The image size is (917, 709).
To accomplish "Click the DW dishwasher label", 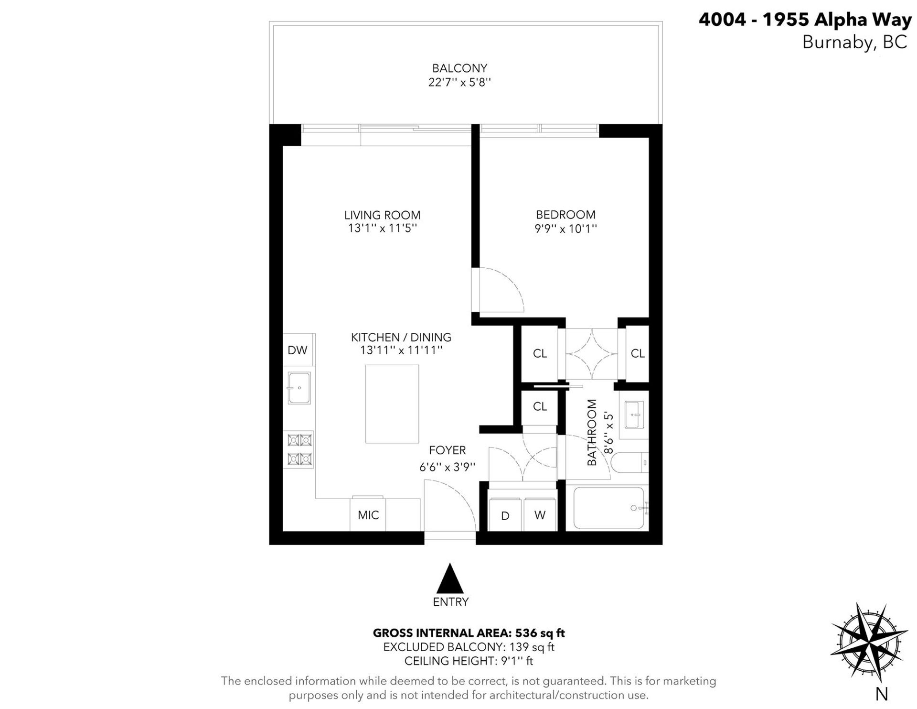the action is coord(297,350).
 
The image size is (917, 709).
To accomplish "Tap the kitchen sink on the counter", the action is coord(299,388).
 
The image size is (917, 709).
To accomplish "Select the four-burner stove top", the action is coord(299,449).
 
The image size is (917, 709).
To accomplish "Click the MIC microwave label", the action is coord(368,515).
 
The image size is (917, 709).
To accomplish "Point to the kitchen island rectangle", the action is coord(392,404).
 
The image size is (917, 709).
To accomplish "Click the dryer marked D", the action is coord(505,515).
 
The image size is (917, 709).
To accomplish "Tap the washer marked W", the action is coord(540,515).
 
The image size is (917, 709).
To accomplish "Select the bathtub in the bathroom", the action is coord(609,508).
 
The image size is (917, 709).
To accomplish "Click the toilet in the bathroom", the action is coord(629,463).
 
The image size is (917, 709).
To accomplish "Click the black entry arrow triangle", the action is coord(450,578).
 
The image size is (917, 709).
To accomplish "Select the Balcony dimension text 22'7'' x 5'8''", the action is coord(459,82).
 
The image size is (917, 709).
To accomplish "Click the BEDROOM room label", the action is coord(565,215).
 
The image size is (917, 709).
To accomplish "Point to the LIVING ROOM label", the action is coord(382,215).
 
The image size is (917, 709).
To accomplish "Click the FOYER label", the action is coord(447,450).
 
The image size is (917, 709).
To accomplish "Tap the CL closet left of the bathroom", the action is coord(540,406).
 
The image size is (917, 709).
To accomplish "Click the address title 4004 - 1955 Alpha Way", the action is coord(805,20).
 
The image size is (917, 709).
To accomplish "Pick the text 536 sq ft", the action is coord(540,633).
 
